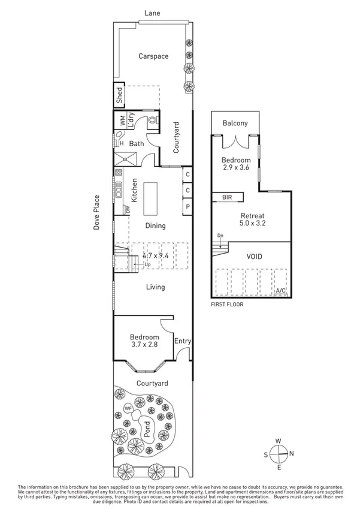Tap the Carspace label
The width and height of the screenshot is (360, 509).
153,56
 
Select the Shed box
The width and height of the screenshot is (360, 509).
119,96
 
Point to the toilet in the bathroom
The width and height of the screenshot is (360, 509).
152,122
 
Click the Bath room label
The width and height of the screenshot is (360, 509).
137,144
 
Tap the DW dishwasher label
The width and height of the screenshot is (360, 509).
127,210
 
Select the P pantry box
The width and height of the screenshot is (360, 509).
187,207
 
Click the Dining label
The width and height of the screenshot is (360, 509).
155,226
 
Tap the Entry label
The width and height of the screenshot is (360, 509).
182,341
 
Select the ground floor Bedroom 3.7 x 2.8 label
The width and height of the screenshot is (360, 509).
144,341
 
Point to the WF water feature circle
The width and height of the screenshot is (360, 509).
128,409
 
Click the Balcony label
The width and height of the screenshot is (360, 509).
235,124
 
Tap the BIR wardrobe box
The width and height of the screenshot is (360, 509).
227,197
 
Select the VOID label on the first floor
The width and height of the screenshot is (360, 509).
254,257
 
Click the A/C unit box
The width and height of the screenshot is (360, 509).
280,291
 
